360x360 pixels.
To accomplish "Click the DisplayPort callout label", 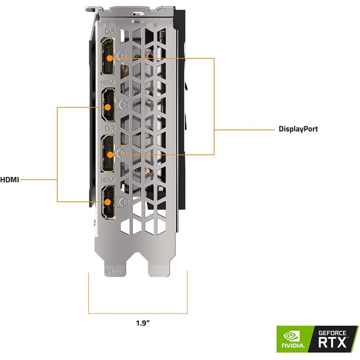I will coord(298,129).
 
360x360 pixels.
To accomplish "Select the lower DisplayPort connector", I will coord(108,154).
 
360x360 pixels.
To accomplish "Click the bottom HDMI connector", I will coord(108,202).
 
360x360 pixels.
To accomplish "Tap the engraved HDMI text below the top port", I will coord(108,82).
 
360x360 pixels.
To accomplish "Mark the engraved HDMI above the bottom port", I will coord(108,179).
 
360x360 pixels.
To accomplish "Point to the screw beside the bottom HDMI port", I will coord(121,201).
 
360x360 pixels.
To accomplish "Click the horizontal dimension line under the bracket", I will coord(138,313).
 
